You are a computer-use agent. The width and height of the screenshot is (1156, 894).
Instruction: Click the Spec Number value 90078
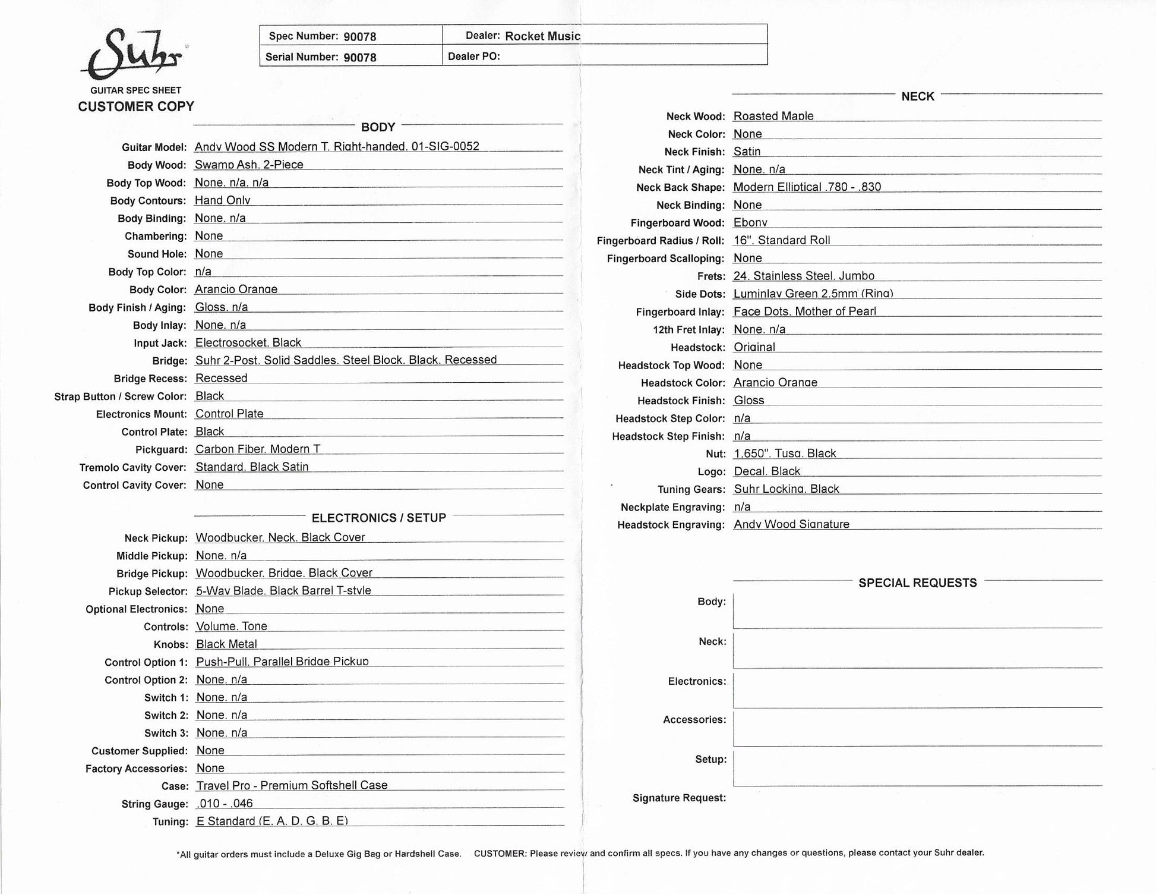click(x=359, y=37)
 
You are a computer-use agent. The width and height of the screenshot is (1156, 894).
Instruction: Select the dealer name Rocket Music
click(x=542, y=36)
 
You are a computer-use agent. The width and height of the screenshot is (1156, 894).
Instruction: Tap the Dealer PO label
click(x=473, y=56)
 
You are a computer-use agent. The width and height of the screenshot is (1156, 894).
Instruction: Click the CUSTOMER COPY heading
click(x=136, y=106)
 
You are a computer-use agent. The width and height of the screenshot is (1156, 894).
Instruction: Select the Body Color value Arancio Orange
click(x=236, y=289)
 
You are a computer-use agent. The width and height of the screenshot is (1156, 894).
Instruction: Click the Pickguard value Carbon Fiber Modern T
click(x=258, y=449)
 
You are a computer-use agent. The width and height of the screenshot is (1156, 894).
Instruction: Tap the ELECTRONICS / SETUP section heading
click(x=378, y=518)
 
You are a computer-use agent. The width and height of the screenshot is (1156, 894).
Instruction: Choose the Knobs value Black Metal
click(x=226, y=644)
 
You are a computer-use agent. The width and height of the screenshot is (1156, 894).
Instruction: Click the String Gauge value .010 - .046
click(x=225, y=804)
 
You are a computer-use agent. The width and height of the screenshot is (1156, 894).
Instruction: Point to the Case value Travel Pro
click(x=292, y=786)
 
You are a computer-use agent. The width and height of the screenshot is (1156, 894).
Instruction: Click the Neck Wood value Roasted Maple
click(x=773, y=117)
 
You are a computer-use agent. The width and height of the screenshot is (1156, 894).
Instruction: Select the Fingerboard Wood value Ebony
click(x=750, y=223)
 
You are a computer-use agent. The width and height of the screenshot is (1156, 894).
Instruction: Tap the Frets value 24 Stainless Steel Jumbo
click(x=803, y=276)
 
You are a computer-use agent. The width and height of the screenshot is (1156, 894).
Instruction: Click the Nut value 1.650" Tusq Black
click(x=784, y=454)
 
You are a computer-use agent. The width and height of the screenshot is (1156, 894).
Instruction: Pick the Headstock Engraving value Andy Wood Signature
click(x=791, y=524)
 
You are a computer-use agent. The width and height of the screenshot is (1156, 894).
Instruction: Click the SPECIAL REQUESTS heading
click(x=917, y=583)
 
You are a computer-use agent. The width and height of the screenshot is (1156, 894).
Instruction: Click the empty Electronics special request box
click(x=917, y=690)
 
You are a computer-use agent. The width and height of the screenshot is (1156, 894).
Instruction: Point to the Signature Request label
click(x=679, y=798)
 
